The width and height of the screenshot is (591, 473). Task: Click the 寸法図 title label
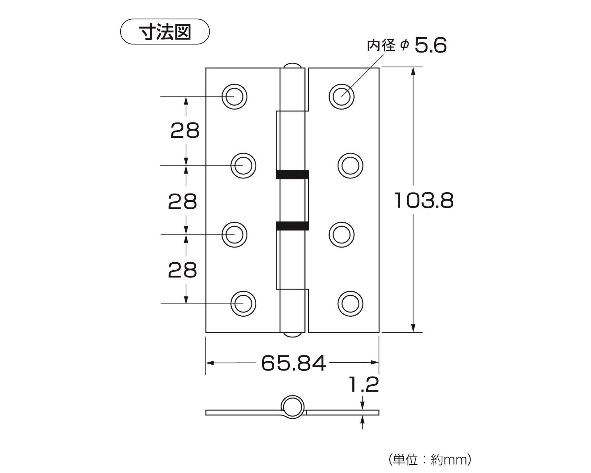coord(165,32)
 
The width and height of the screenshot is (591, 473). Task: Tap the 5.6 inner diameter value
coord(430,45)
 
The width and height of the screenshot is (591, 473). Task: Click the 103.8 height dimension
coord(424,201)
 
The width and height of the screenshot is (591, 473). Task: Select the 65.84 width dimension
coord(293,363)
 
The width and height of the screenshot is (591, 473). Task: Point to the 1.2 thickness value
coord(363,385)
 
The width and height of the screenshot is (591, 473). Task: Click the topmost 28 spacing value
coord(185,131)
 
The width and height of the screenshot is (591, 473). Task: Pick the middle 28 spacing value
coord(182,202)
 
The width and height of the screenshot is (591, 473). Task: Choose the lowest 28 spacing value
coord(182,270)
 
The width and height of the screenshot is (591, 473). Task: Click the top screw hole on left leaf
coord(234,96)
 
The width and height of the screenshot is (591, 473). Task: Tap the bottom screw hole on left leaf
coord(243,303)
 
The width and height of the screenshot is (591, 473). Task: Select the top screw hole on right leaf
coord(341,96)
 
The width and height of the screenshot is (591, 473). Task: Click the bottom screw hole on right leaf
coord(350,303)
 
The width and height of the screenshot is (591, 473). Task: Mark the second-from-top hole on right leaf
coord(350,166)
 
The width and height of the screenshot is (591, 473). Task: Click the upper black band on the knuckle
coord(292,174)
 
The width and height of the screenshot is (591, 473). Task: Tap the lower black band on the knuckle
coord(292,226)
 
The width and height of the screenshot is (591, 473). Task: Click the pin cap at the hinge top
coord(292,65)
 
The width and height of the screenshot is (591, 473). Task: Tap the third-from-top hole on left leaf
coord(234,235)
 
